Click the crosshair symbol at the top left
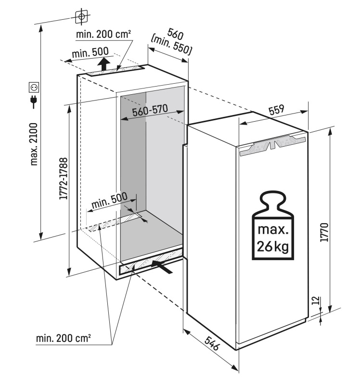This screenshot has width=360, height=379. click(x=82, y=16)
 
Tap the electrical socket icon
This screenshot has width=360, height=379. click(x=34, y=88)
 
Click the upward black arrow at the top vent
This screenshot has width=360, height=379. click(x=102, y=63)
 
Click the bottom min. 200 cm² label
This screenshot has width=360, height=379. click(x=63, y=339)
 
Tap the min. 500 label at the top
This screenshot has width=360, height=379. click(x=90, y=52)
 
